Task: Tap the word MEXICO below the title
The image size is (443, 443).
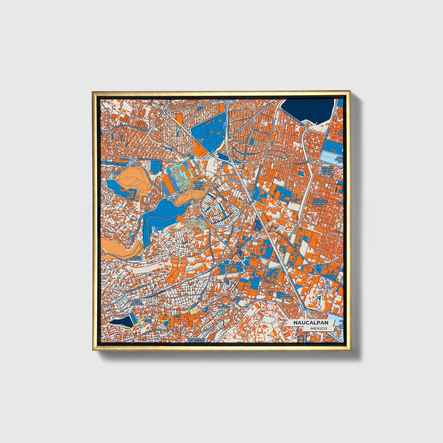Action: [318, 328]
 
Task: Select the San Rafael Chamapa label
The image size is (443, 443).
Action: [136, 302]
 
